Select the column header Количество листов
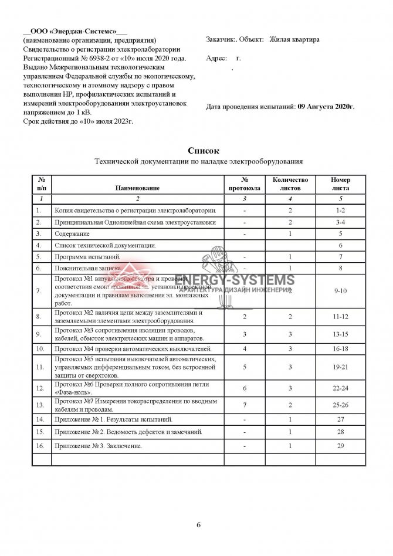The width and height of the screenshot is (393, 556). point(286,184)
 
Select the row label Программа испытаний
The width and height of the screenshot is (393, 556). point(87,256)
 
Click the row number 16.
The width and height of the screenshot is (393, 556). point(39,446)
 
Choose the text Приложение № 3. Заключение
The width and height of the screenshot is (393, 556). point(98,446)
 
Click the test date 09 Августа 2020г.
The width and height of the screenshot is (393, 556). point(326,107)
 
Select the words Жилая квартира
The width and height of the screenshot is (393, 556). point(294,40)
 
